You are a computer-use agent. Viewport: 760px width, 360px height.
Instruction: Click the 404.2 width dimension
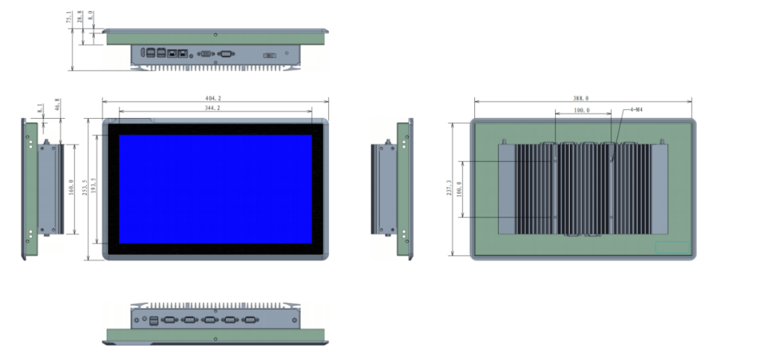pyautogui.click(x=215, y=98)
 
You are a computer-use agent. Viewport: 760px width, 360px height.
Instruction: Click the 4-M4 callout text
pyautogui.click(x=636, y=110)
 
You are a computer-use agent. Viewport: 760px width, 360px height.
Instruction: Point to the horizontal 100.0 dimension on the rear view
pyautogui.click(x=582, y=111)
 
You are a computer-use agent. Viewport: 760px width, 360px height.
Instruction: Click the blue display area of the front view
pyautogui.click(x=215, y=189)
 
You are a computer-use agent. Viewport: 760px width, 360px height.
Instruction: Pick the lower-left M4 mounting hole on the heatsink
pyautogui.click(x=554, y=217)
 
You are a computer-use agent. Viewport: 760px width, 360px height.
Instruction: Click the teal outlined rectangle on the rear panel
pyautogui.click(x=672, y=247)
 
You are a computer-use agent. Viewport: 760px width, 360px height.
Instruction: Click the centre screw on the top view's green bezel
pyautogui.click(x=215, y=34)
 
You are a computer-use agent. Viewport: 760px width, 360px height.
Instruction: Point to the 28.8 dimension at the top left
pyautogui.click(x=80, y=15)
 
